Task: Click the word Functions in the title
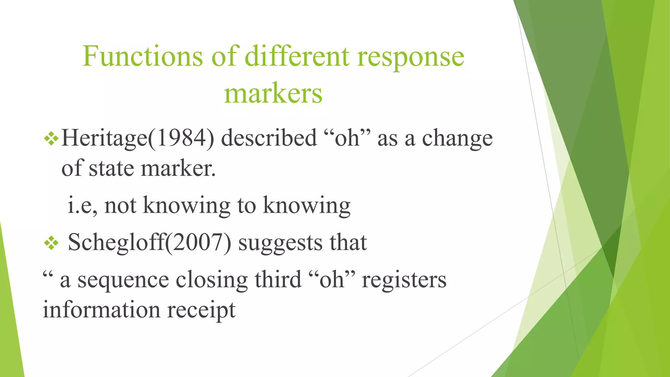(143, 56)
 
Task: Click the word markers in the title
(273, 94)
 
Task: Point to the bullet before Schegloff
(51, 243)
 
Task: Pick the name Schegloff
(116, 243)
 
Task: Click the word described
(269, 138)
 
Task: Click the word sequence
(123, 280)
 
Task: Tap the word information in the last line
(101, 310)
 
